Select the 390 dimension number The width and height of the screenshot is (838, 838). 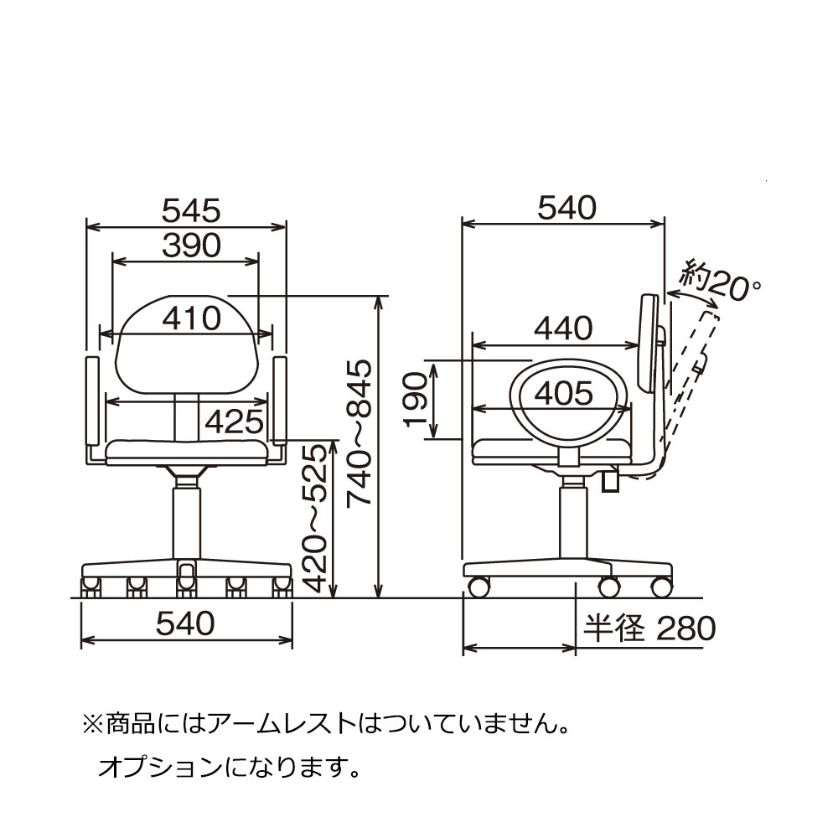[x=191, y=246]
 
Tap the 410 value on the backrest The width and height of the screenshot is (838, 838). [x=191, y=318]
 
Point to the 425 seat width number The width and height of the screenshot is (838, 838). [x=235, y=422]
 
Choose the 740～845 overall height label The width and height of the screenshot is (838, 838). [x=359, y=433]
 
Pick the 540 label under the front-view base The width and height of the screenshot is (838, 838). [x=185, y=623]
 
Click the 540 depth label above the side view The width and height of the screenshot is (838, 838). [x=567, y=208]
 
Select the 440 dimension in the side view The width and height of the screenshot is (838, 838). [x=564, y=328]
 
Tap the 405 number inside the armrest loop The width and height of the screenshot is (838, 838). [x=564, y=393]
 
